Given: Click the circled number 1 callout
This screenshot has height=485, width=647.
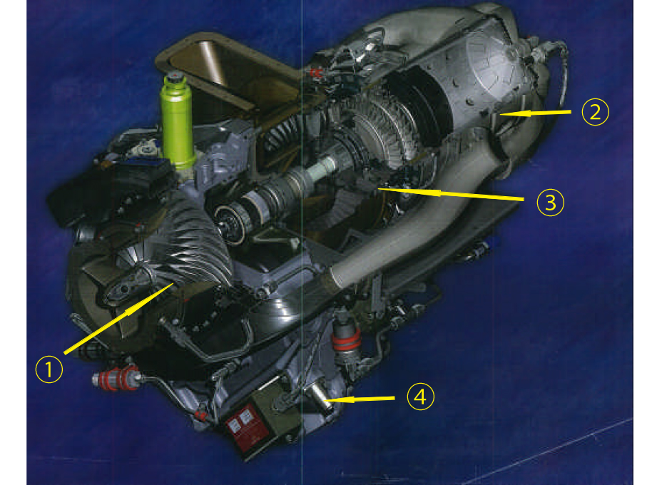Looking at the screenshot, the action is coord(49,369).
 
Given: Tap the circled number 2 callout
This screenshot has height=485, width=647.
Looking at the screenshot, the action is coord(595,112).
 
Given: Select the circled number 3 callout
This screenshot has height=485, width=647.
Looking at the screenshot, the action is coord(551,202).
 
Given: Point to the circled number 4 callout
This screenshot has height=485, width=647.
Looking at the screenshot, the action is coord(420,397).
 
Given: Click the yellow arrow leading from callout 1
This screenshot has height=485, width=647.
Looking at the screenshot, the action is coord(118,318).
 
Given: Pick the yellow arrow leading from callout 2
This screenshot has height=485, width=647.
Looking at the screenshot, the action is coord(534,113).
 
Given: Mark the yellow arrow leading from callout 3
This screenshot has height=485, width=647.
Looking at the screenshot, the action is coord(451,194).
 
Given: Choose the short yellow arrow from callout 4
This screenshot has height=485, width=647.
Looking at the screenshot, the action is coord(359,399).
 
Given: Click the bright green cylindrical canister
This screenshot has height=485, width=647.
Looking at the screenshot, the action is coord(178,121).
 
